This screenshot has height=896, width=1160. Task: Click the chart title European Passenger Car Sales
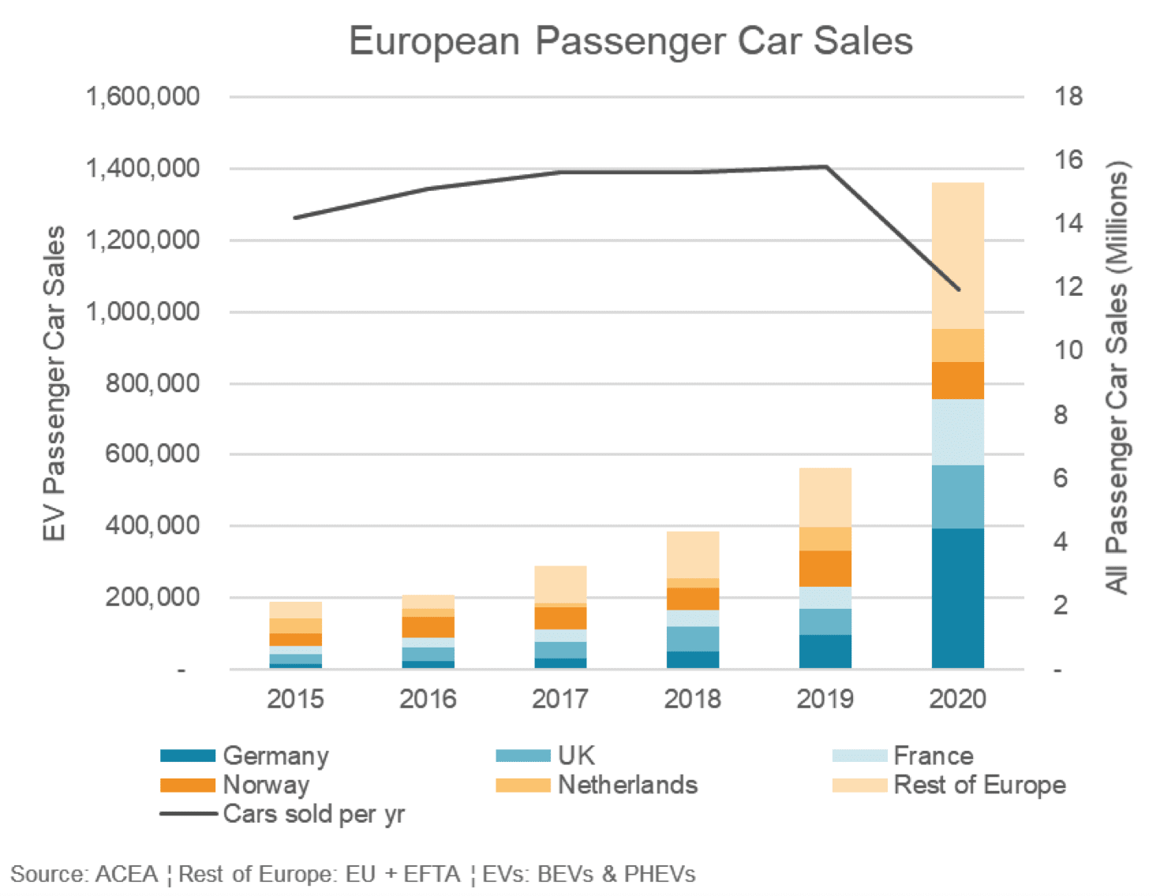click(631, 41)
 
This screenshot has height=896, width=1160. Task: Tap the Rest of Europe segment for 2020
click(957, 256)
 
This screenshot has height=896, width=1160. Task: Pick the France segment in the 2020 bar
click(957, 432)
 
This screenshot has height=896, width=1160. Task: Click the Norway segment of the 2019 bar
click(825, 568)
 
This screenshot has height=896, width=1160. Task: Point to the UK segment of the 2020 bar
click(957, 496)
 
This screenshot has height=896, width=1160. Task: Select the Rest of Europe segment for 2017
click(560, 584)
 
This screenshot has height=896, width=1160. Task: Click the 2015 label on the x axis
click(295, 699)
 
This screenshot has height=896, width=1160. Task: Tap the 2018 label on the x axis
click(692, 699)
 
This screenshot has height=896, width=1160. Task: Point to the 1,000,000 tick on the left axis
click(143, 312)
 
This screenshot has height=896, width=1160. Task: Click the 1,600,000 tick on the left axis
click(143, 97)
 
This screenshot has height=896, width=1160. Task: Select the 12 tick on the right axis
click(1068, 287)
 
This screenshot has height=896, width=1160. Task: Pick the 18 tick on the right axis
click(1068, 97)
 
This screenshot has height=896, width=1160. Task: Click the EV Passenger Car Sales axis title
click(54, 383)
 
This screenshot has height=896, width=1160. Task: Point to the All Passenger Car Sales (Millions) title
click(1117, 377)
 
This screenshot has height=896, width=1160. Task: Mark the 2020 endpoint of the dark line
click(959, 289)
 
